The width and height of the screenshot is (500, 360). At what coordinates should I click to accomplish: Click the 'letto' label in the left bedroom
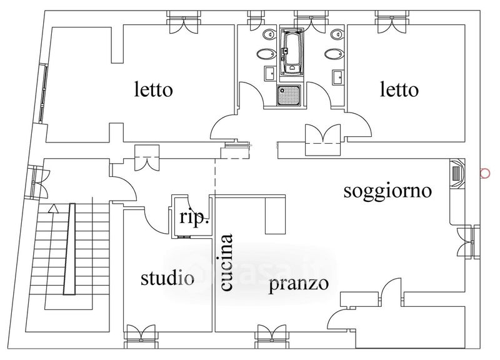[154, 90]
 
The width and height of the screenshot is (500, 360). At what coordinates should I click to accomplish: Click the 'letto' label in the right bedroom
[399, 90]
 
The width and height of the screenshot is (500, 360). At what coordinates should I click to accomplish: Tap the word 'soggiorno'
[387, 191]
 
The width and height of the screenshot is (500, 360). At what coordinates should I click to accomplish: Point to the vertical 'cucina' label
[226, 262]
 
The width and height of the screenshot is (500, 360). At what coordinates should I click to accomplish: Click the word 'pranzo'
[299, 284]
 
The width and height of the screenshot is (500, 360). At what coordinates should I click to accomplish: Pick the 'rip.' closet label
[194, 218]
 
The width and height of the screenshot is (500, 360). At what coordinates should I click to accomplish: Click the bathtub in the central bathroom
[291, 51]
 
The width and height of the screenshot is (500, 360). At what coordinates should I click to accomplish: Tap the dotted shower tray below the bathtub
[288, 95]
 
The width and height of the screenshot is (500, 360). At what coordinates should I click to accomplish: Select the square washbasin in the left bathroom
[269, 74]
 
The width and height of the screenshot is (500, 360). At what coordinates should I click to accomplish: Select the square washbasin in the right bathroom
[337, 77]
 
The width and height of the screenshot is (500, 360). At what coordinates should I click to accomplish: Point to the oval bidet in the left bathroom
[267, 54]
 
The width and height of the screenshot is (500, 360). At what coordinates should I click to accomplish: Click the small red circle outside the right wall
[484, 174]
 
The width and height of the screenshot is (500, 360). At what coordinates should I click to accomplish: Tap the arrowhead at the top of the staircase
[54, 209]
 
